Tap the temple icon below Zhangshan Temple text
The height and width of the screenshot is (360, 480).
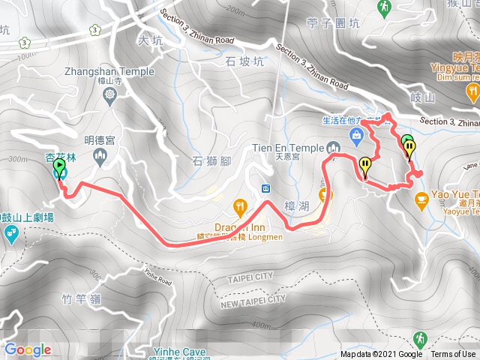(x=112, y=95)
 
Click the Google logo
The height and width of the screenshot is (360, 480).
(x=28, y=349)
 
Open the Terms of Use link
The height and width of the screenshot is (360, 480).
(x=452, y=355)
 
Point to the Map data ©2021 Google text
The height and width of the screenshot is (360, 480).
(x=381, y=355)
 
